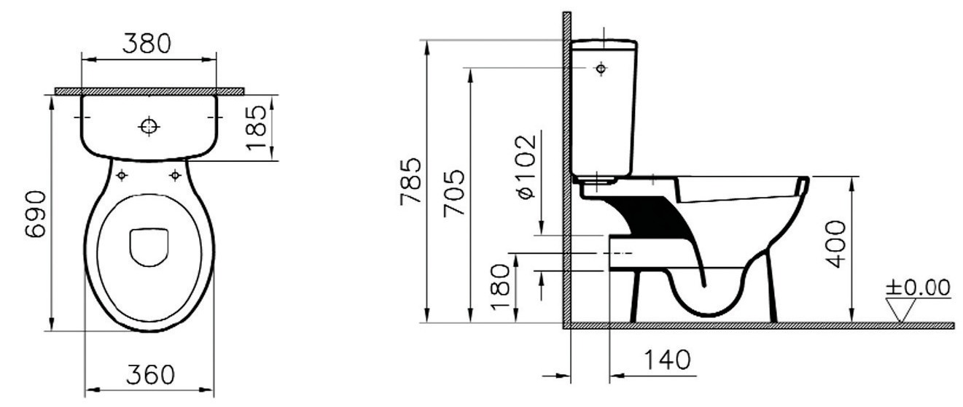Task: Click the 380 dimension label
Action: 147,44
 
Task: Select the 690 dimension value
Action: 35,214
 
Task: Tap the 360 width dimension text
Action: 150,375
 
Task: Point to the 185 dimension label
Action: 257,128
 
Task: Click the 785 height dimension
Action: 410,182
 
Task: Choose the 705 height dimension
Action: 454,193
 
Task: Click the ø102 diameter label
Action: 528,167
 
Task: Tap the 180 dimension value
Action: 500,287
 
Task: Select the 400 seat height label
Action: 836,244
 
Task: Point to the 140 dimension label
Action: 667,360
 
